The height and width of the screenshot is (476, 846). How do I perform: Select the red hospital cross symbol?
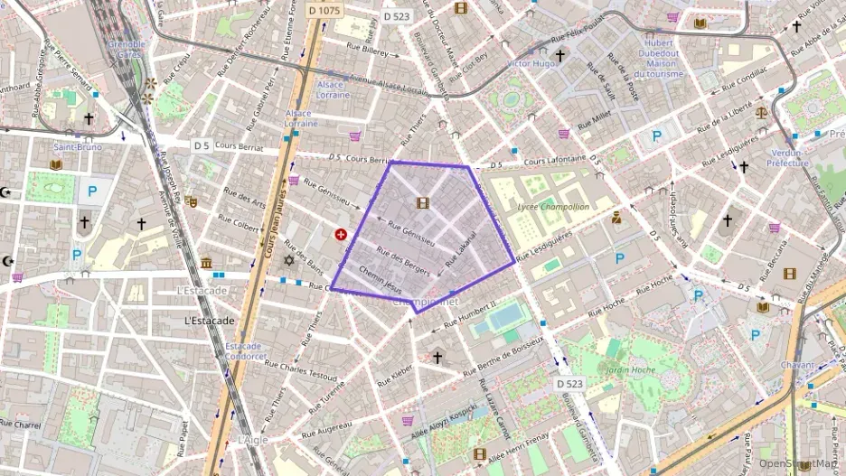point(341,235)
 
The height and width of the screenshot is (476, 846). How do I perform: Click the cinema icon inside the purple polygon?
point(422,202)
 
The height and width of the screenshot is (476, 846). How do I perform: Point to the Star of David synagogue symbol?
point(289,260)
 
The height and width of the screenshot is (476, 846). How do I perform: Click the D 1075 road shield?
point(324,11)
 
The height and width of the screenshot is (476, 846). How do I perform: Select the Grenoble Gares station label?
point(127,49)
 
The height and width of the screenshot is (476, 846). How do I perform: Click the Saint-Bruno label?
point(77,146)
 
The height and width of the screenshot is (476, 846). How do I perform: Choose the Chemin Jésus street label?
point(380,277)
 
